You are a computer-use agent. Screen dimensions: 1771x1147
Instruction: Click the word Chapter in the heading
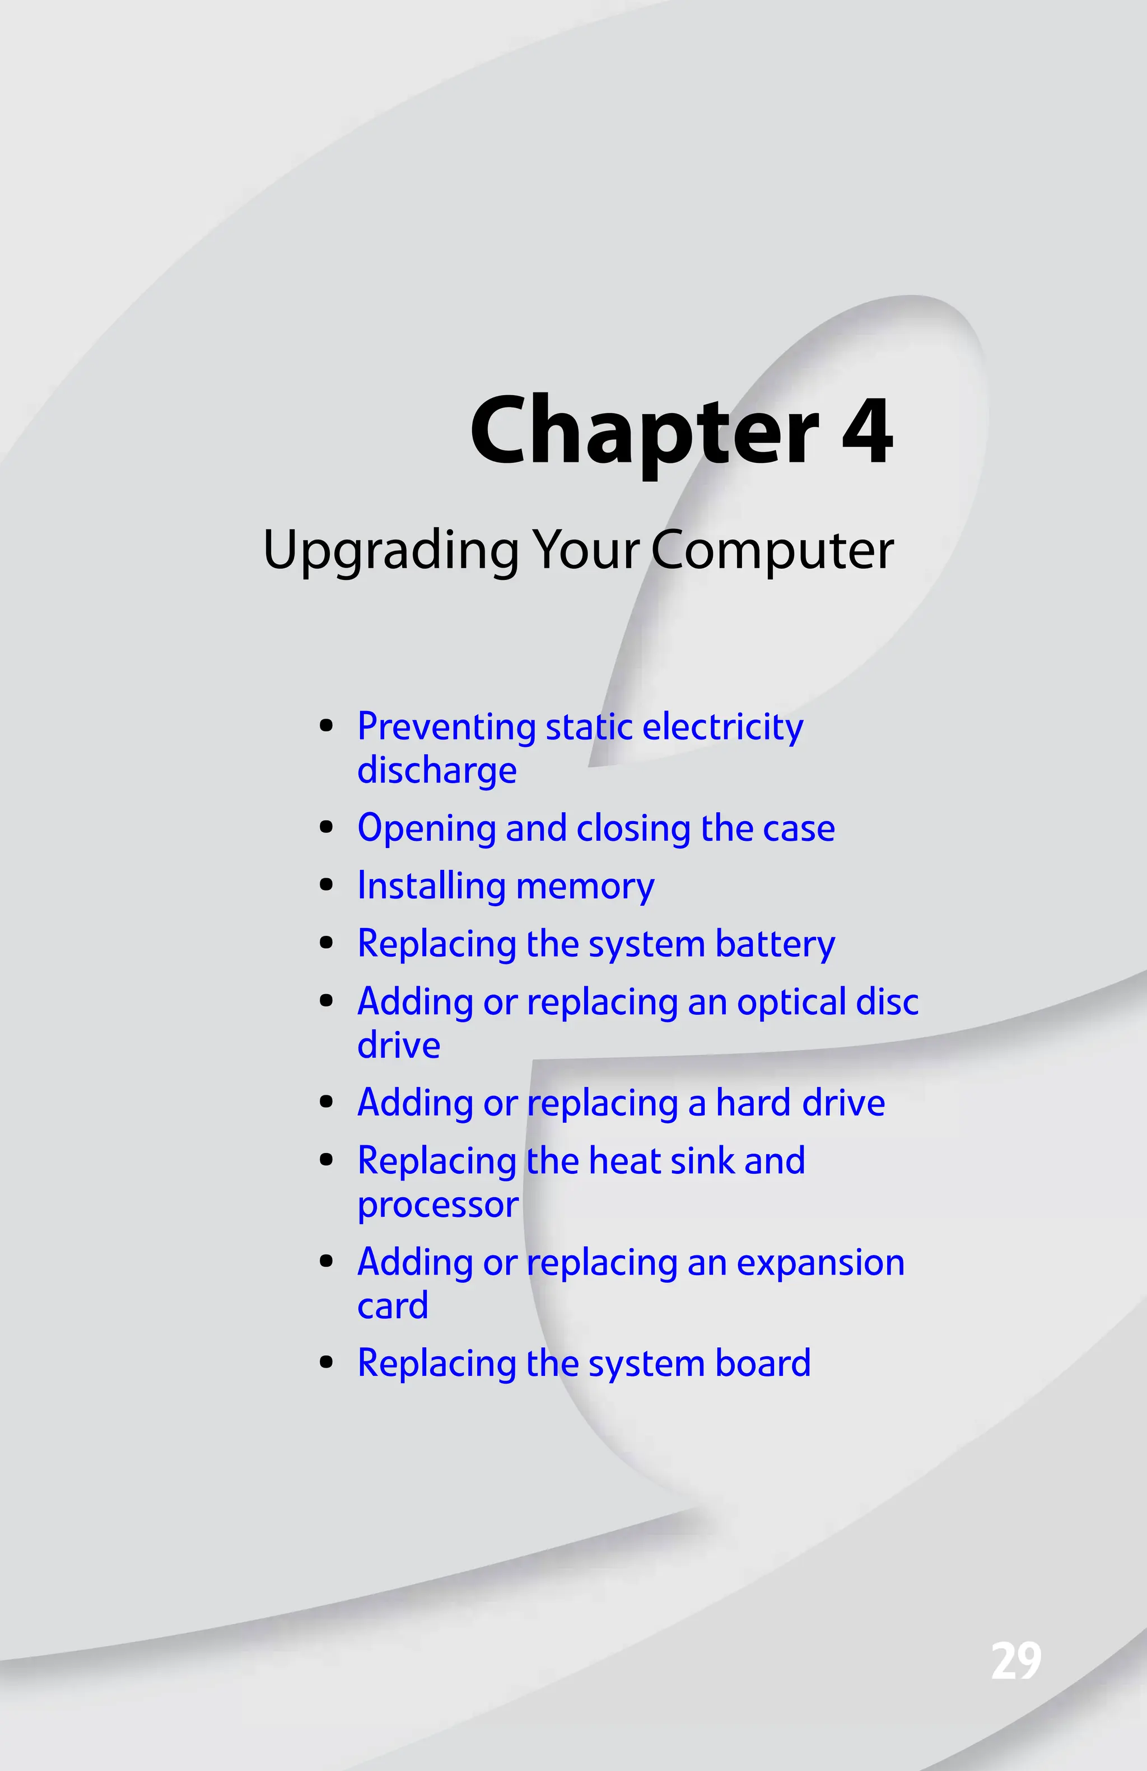click(x=644, y=432)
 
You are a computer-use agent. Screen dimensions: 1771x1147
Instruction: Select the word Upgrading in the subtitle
click(x=391, y=551)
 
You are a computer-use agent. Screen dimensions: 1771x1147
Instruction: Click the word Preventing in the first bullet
click(x=446, y=727)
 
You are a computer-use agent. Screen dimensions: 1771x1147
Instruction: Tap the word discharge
click(x=437, y=770)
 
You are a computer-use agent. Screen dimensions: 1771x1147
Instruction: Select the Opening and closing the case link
click(x=595, y=828)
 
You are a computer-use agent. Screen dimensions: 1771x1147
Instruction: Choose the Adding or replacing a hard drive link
click(x=621, y=1103)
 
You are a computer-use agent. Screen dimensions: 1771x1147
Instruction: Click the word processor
click(x=437, y=1205)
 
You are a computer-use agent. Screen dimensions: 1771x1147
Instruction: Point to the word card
click(x=392, y=1306)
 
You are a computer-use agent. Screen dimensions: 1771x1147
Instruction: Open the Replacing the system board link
click(x=584, y=1363)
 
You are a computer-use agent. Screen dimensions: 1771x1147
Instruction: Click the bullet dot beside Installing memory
click(x=325, y=886)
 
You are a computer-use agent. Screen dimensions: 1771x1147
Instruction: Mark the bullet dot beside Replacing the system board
click(x=325, y=1362)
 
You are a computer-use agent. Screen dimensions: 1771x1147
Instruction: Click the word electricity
click(x=722, y=727)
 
